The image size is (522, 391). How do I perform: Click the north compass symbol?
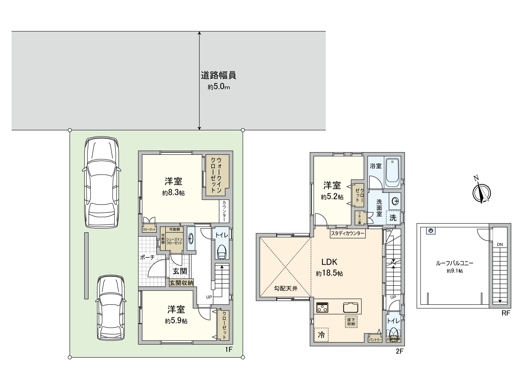[x=482, y=193]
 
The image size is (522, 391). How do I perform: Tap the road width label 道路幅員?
[x=218, y=76]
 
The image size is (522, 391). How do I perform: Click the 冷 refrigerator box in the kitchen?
[x=321, y=335]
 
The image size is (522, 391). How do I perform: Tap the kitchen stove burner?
[x=322, y=307]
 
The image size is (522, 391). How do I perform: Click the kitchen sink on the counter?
[x=350, y=307]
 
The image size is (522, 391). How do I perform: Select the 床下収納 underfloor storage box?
[x=351, y=322]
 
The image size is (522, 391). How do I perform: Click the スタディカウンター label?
[x=347, y=233]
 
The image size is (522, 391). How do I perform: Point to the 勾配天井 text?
[x=285, y=288]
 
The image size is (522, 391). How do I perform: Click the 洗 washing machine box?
[x=393, y=217]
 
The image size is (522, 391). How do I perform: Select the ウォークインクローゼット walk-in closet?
[x=217, y=175]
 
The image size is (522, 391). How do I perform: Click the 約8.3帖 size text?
[x=173, y=193]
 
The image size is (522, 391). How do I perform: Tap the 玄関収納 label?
[x=181, y=283]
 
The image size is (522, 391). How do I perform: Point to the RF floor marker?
[x=506, y=313]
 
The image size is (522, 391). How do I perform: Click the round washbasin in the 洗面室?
[x=395, y=201]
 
